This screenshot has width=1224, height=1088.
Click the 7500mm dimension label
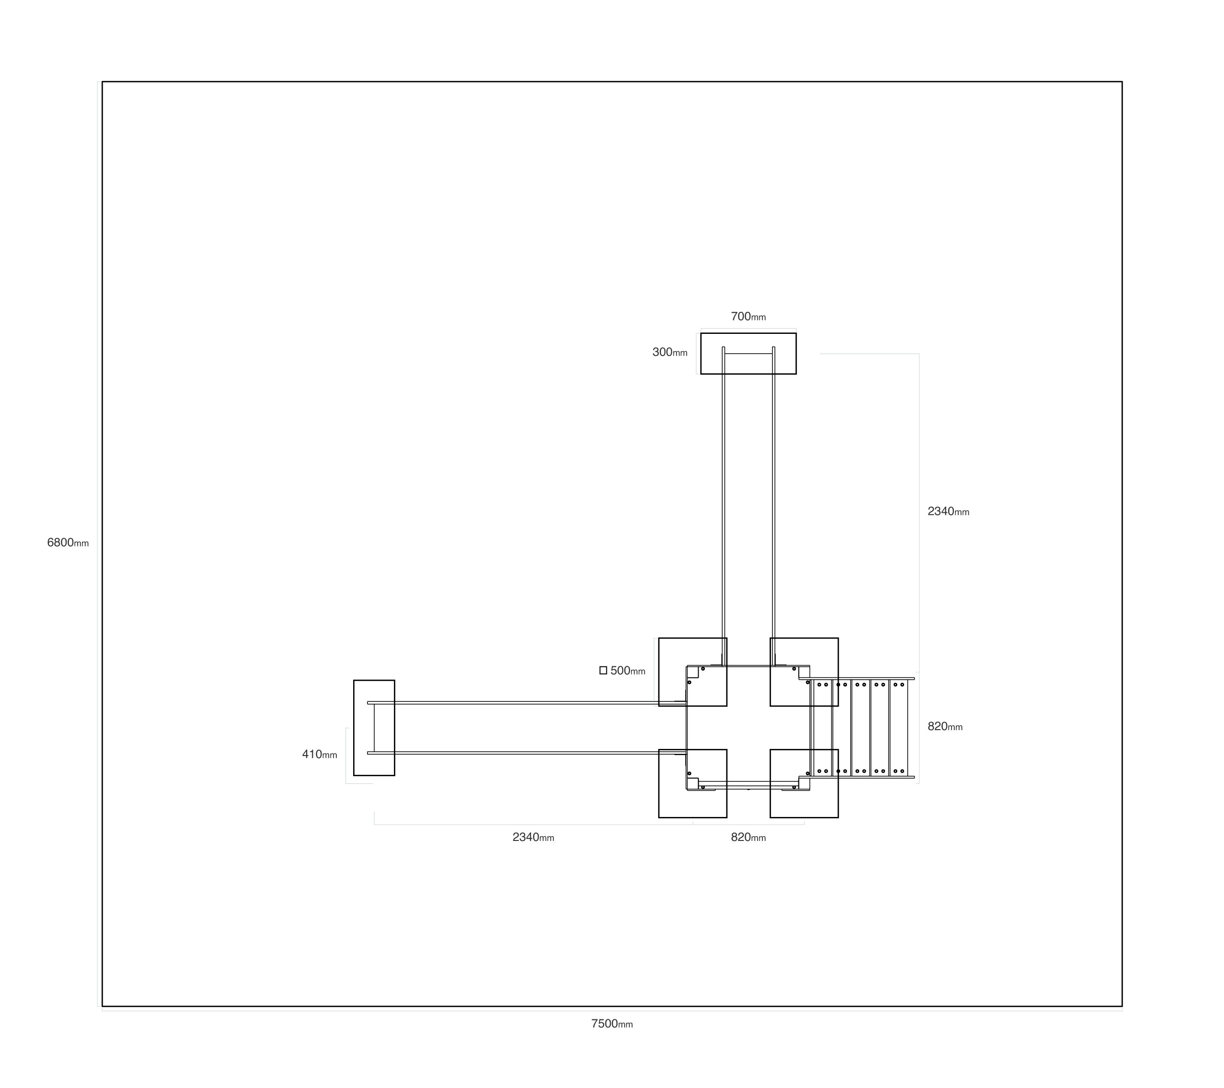pos(612,1023)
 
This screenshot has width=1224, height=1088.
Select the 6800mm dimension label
pos(68,543)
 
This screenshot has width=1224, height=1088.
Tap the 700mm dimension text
pos(748,316)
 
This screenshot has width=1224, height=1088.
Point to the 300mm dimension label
pos(669,352)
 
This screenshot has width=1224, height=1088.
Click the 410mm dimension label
pos(319,755)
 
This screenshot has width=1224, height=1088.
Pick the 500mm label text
pos(628,671)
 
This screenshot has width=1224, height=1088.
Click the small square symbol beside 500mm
pos(603,671)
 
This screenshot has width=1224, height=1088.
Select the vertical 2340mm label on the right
pos(948,511)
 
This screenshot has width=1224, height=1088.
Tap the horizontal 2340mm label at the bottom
pos(533,837)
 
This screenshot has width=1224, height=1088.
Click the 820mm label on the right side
pos(945,726)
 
